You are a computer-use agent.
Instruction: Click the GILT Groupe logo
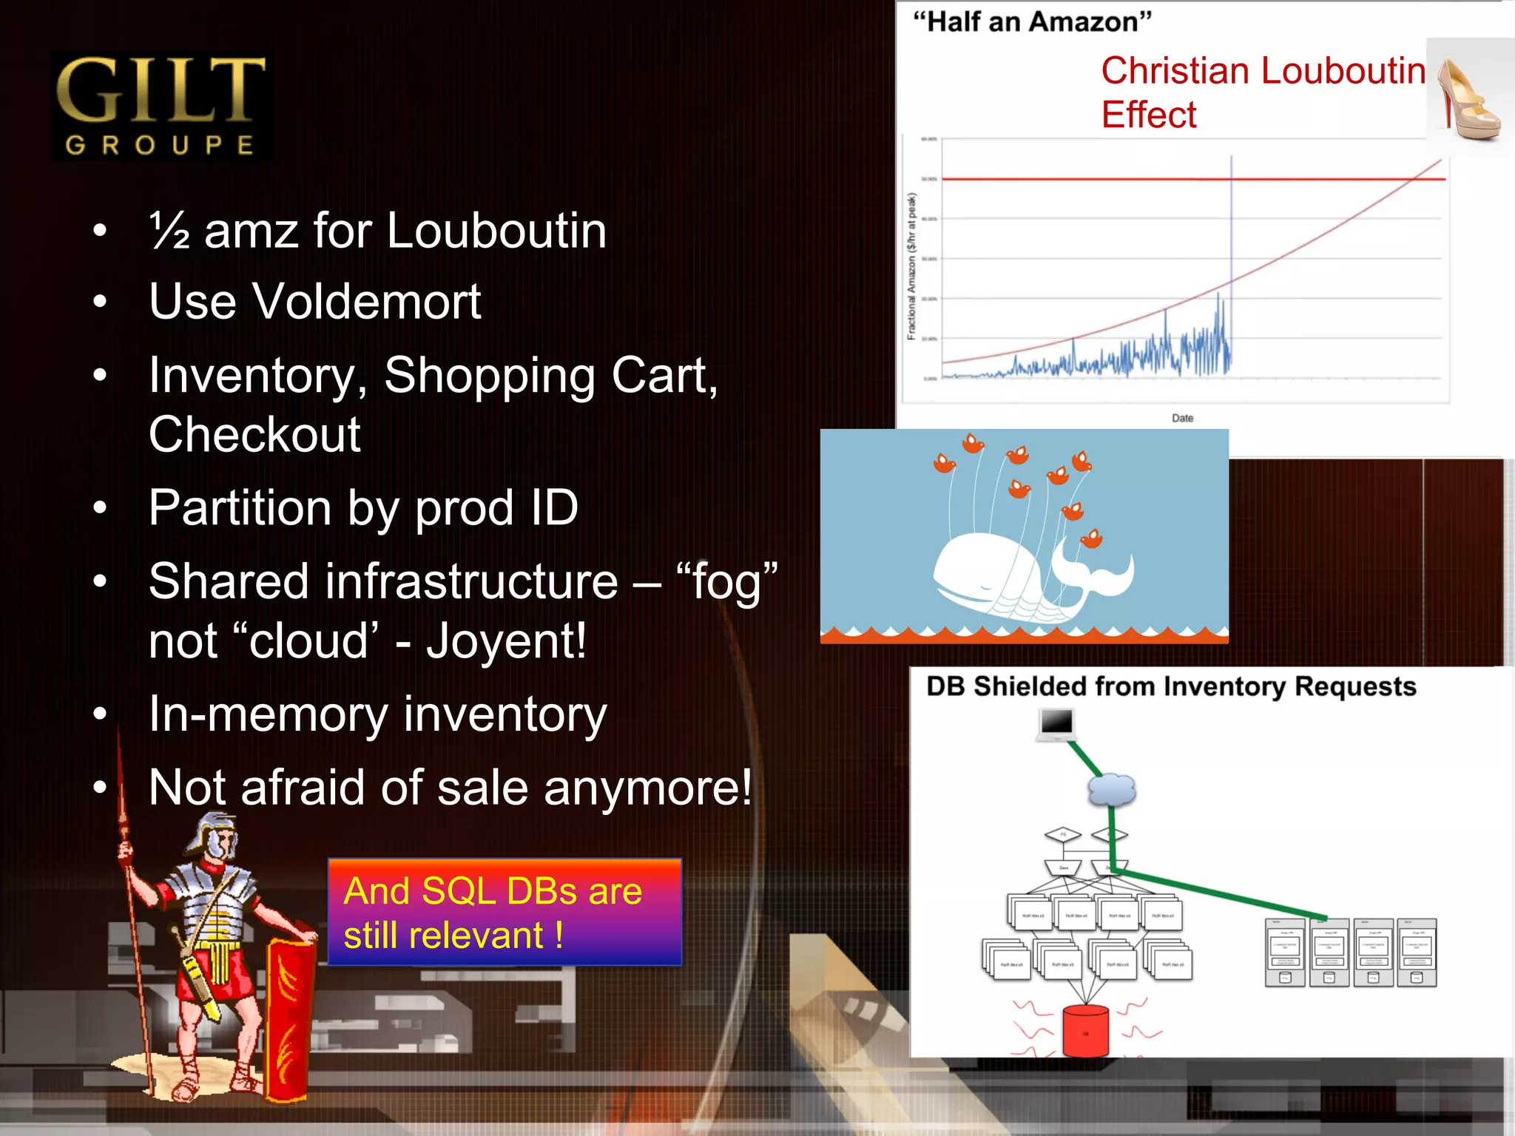tap(161, 106)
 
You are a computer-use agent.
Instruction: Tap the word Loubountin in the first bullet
tap(496, 231)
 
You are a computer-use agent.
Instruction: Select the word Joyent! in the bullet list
tap(507, 640)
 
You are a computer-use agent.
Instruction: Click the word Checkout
tap(254, 434)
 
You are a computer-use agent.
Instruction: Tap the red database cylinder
tap(1085, 1030)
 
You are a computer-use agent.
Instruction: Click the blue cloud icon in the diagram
tap(1111, 789)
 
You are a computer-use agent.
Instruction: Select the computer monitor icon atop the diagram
tap(1056, 723)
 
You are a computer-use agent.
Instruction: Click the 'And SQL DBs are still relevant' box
tap(505, 912)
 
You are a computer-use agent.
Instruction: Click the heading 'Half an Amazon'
tap(1032, 22)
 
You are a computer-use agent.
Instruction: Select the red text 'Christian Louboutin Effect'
tap(1262, 92)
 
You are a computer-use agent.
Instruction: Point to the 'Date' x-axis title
tap(1182, 418)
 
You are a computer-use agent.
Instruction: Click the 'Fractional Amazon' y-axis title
tap(912, 266)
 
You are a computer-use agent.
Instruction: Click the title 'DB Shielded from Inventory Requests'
tap(1171, 686)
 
